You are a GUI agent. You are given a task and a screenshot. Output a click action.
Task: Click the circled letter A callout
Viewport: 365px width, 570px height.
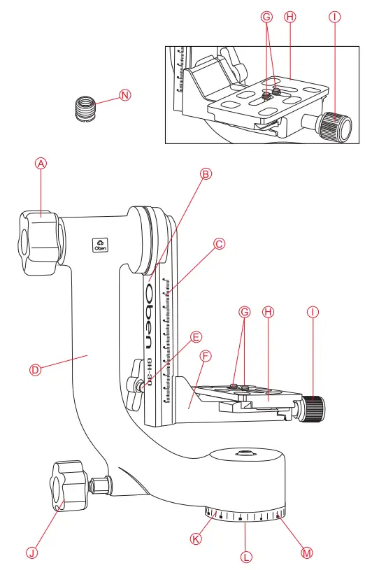point(41,163)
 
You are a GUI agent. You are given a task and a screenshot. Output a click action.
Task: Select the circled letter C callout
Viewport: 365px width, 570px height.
point(219,244)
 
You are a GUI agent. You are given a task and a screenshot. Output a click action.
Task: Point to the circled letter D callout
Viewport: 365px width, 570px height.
point(36,369)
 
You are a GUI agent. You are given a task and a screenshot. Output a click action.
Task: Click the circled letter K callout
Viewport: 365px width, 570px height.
point(197,538)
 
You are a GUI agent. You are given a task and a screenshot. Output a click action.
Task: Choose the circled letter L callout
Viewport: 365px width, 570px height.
point(245,557)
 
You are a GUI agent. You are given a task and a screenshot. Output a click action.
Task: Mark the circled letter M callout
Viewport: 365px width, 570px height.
point(306,553)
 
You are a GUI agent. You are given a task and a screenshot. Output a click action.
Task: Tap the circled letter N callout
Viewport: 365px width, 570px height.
point(125,96)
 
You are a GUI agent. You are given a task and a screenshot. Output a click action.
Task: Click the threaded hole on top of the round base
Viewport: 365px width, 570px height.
point(243,453)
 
